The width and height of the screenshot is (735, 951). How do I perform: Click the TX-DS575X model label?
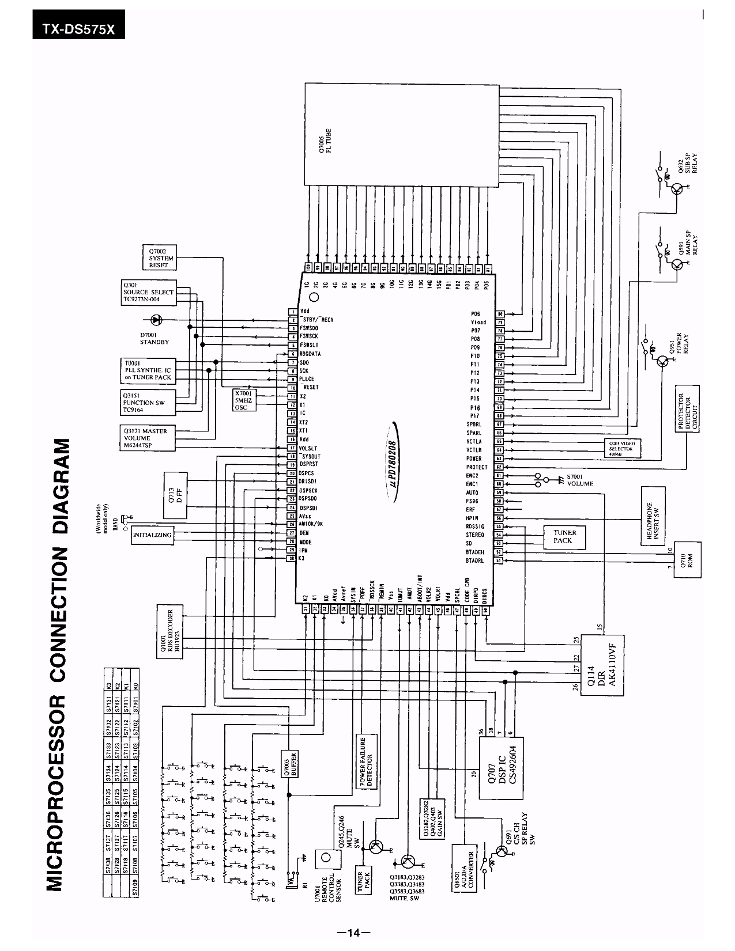(78, 29)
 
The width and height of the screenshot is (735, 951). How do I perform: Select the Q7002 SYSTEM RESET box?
(159, 258)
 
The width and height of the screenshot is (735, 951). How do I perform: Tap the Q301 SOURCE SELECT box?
(148, 293)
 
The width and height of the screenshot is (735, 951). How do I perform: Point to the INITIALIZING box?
(152, 535)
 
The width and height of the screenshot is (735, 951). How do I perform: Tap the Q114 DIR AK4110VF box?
(602, 665)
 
